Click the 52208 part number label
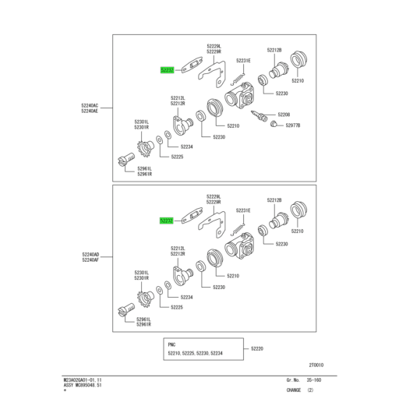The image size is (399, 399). pyautogui.click(x=284, y=114)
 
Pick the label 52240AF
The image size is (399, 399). pyautogui.click(x=90, y=260)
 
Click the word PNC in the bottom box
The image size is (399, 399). pyautogui.click(x=172, y=343)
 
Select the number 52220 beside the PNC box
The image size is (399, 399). pyautogui.click(x=257, y=348)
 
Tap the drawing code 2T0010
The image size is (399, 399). pyautogui.click(x=315, y=365)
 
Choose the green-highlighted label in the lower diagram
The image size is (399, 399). pyautogui.click(x=166, y=221)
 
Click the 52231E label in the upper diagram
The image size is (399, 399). pyautogui.click(x=243, y=60)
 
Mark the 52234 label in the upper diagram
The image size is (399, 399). pyautogui.click(x=187, y=147)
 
